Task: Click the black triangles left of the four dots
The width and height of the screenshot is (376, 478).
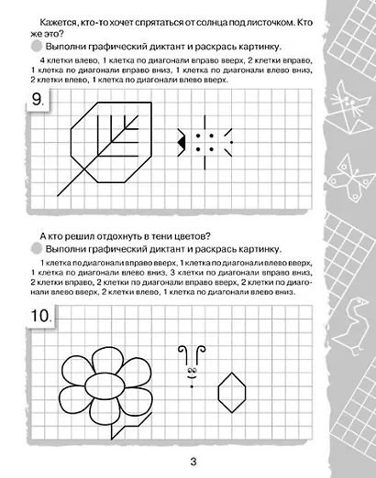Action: pos(183,141)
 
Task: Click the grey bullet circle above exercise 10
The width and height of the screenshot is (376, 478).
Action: pos(35,249)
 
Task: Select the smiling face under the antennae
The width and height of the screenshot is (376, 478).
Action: pos(191,375)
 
